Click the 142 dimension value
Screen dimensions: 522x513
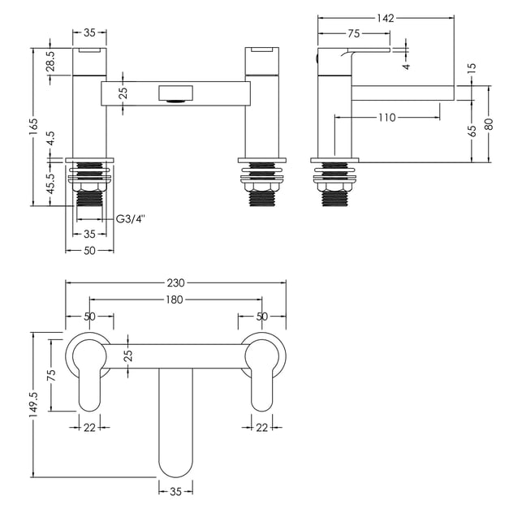point(386,18)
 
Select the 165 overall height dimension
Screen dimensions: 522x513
point(34,127)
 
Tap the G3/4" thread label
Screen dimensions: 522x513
point(132,219)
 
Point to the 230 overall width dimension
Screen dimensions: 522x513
point(175,282)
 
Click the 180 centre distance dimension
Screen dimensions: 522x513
point(175,300)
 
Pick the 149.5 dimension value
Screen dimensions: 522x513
point(34,404)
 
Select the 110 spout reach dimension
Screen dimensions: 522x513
point(386,117)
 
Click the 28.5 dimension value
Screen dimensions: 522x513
point(51,62)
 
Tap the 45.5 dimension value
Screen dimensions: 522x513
point(51,183)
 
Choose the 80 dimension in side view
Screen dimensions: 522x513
point(489,124)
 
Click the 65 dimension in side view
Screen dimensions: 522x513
point(472,131)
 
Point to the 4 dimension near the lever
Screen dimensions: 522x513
point(406,67)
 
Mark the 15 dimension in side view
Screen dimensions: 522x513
point(472,68)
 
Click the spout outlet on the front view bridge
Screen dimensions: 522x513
point(176,93)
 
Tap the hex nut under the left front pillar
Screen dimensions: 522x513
point(89,188)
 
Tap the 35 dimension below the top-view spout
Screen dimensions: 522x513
point(175,491)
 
